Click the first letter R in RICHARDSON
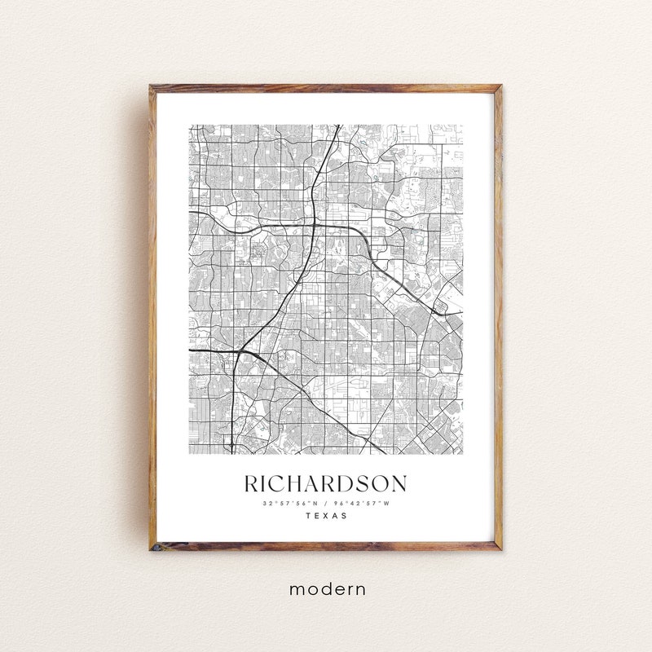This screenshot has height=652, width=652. tap(253, 484)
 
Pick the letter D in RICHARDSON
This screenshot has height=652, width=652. tap(356, 484)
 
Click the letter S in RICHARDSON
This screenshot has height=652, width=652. tap(372, 484)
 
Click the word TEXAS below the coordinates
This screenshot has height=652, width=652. tap(326, 516)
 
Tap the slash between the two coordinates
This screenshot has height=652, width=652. tap(326, 503)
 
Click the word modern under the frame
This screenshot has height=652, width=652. tap(326, 588)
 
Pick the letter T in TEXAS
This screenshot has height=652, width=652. tap(308, 516)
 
